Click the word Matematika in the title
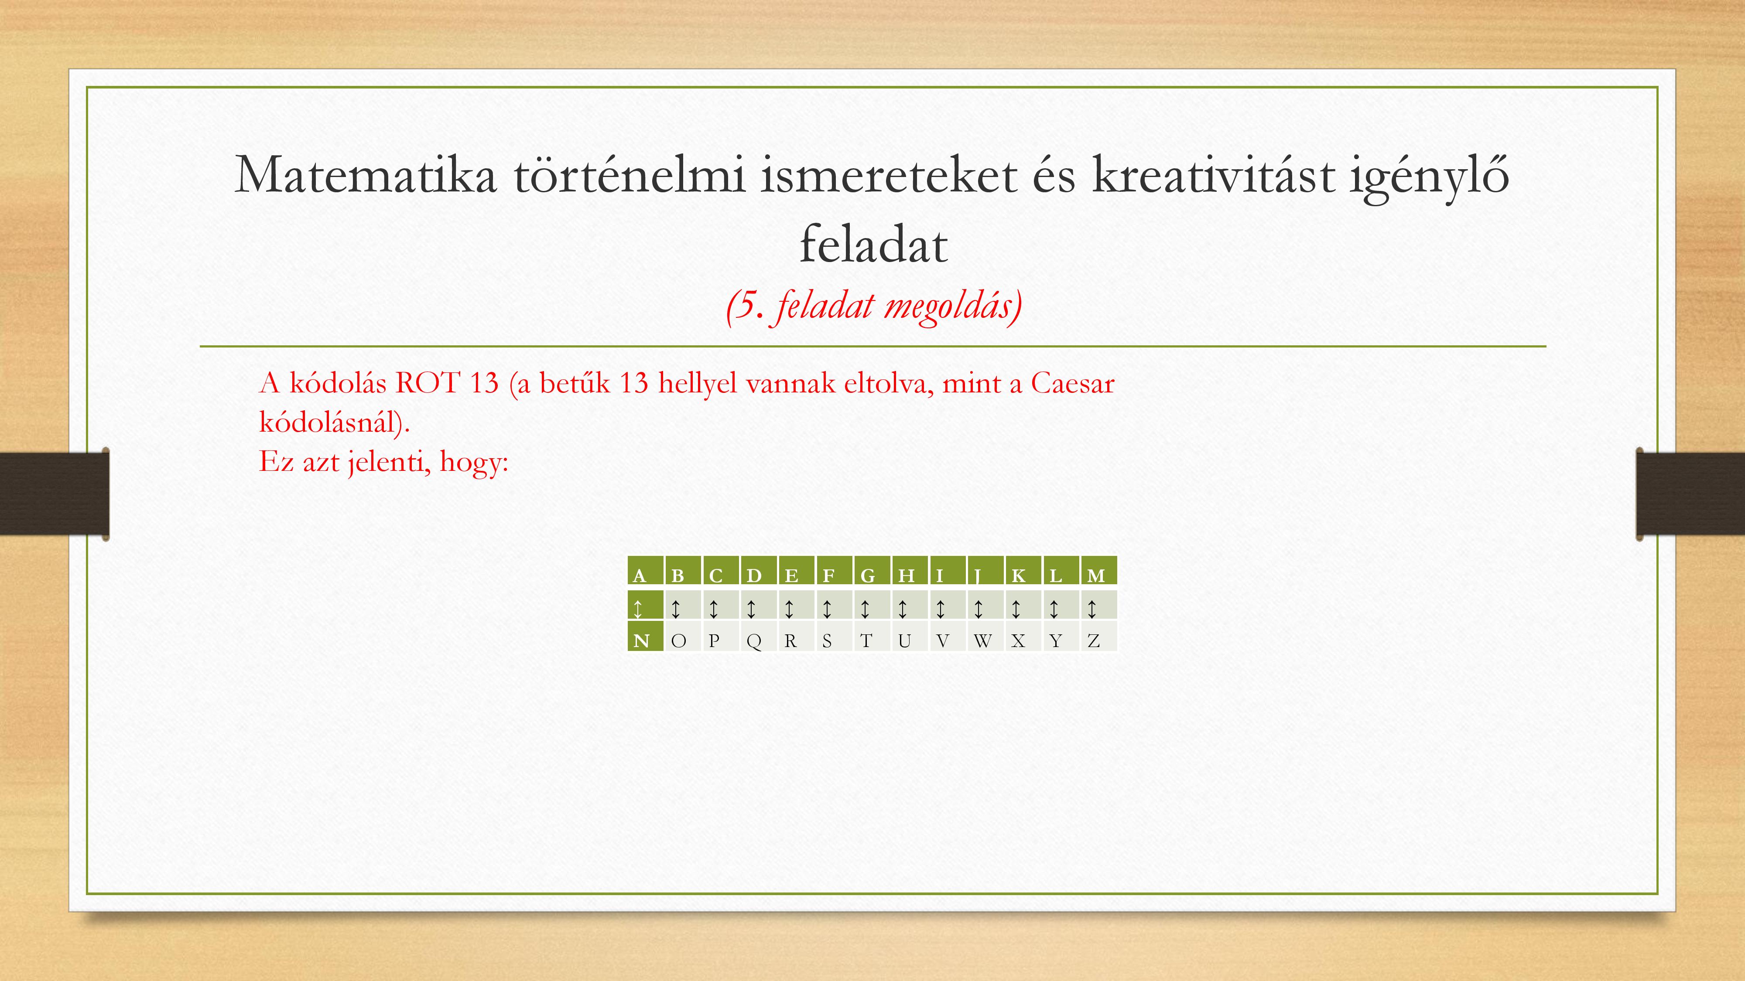[366, 175]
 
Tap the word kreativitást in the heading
[1213, 175]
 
